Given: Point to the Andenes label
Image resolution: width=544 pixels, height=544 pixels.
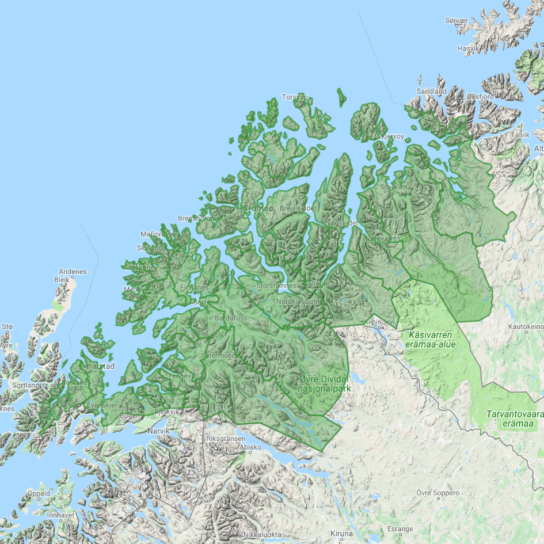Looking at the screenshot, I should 73,272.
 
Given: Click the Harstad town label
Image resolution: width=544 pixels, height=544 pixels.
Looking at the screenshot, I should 100,366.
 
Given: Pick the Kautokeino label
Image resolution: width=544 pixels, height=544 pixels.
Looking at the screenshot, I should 524,326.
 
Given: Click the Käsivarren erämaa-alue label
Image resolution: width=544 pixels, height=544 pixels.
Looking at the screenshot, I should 431,340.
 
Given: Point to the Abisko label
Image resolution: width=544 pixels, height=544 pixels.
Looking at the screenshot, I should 250,447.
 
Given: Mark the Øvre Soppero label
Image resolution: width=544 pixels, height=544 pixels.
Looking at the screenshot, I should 439,493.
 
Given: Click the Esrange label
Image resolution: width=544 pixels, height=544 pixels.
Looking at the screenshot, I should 400,528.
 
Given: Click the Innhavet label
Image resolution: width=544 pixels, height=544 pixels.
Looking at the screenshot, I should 60,515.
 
